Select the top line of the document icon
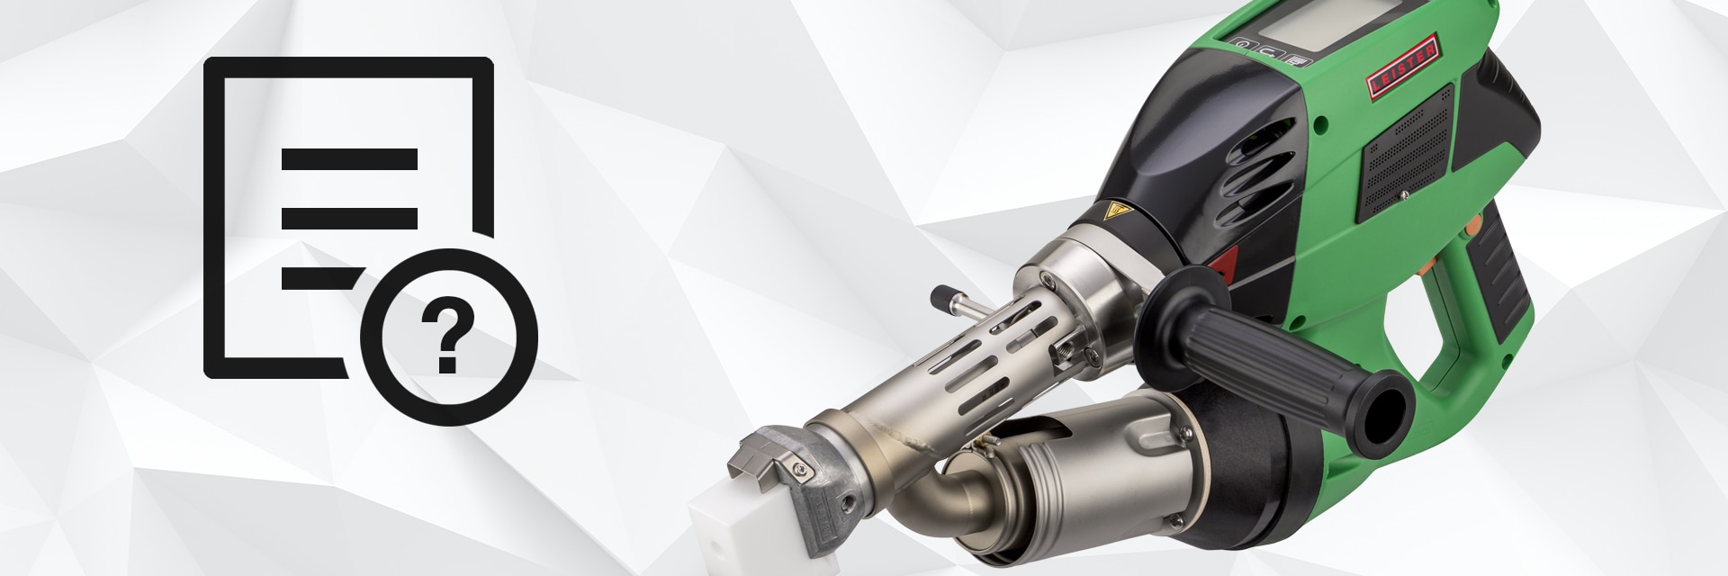point(349,159)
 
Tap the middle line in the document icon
point(349,219)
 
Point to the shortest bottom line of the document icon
point(322,277)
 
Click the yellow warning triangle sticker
point(1117,216)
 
